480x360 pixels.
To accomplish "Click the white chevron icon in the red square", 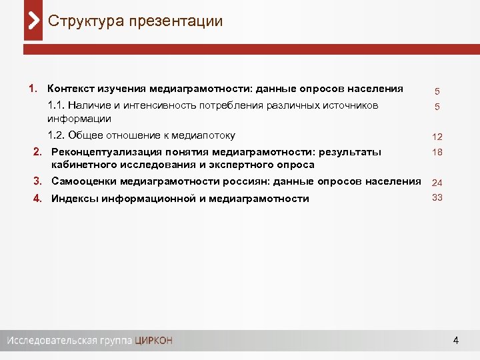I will (x=33, y=21).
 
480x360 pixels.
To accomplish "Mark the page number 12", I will (x=437, y=137).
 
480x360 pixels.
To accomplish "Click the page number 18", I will (x=437, y=153).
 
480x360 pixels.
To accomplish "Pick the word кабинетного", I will (x=81, y=165).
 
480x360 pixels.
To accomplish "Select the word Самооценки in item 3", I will (x=81, y=182).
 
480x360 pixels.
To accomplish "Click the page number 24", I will (x=437, y=183).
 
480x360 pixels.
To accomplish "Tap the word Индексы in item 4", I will (x=73, y=198).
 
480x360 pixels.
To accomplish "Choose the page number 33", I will (x=437, y=197).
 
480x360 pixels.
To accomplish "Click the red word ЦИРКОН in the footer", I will (x=153, y=341).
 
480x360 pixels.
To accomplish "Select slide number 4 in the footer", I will (x=455, y=341).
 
